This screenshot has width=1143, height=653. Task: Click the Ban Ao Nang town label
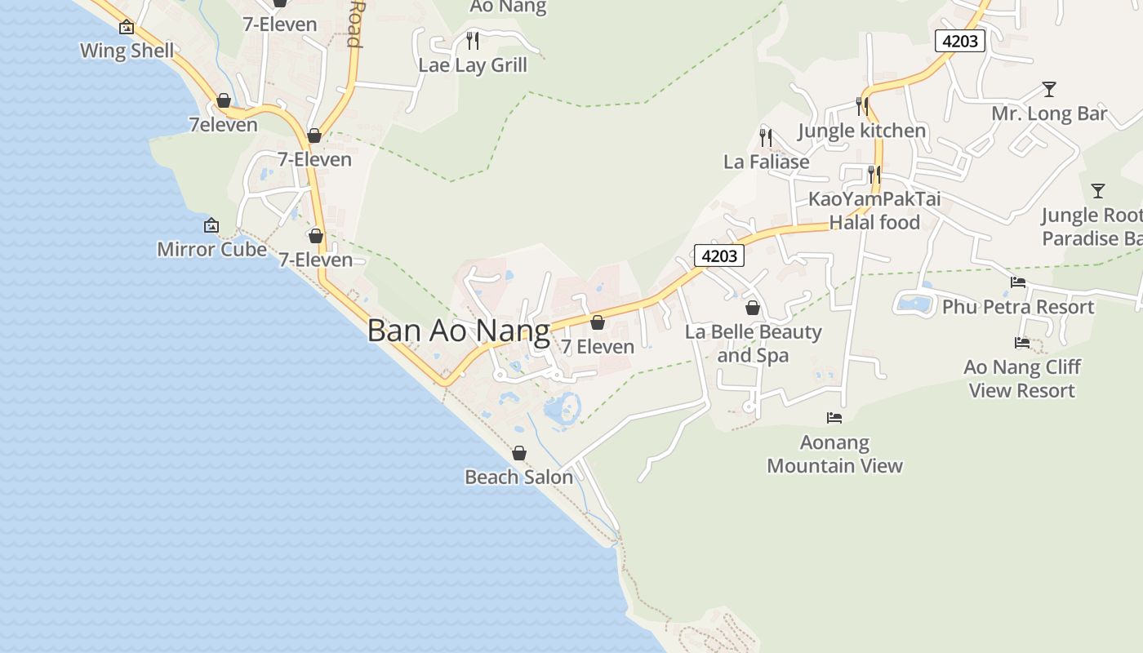tap(458, 331)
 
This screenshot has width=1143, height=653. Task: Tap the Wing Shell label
tap(127, 51)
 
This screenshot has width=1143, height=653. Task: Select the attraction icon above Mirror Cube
tap(211, 225)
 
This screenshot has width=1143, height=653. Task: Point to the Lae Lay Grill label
tap(473, 65)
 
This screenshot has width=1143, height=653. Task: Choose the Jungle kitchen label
tap(861, 131)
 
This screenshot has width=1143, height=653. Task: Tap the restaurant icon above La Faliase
tap(766, 136)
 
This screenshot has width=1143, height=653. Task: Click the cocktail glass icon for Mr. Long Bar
tap(1049, 89)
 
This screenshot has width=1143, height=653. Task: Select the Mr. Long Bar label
tap(1049, 113)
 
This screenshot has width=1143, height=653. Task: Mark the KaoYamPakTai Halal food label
tap(874, 211)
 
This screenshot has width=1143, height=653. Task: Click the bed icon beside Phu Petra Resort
tap(1018, 282)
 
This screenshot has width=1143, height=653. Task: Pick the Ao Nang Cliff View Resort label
tap(1021, 379)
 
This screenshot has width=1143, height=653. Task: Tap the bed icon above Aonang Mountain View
tap(834, 418)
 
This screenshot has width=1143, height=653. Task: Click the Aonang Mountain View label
tap(834, 455)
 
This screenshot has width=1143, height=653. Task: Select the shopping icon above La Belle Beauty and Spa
tap(753, 308)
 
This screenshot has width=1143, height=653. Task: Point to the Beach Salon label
tap(518, 477)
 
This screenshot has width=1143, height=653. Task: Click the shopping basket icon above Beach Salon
tap(519, 453)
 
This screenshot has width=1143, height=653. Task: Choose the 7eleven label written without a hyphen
tap(223, 125)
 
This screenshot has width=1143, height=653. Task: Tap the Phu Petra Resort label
tap(1017, 307)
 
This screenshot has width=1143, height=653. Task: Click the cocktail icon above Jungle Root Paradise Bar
tap(1098, 191)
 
